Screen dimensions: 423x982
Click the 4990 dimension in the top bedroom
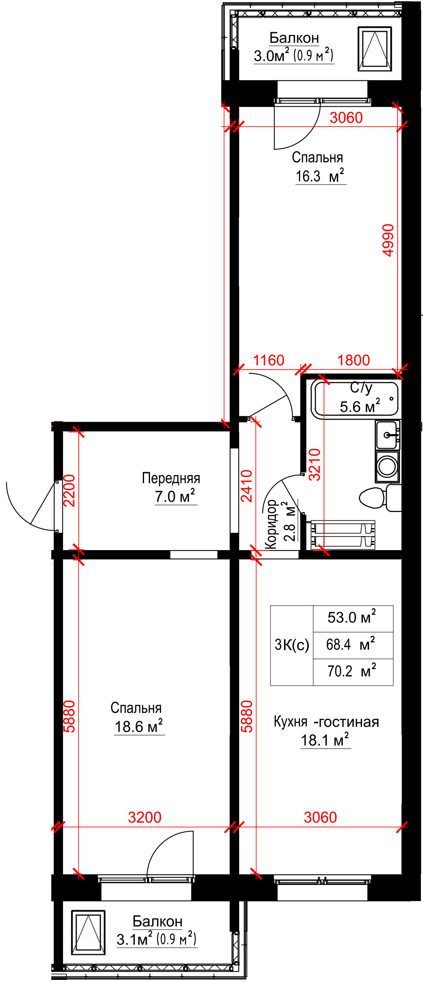pos(388,240)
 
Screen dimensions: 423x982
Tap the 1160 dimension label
pos(269,360)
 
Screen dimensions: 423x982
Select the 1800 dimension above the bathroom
pos(353,360)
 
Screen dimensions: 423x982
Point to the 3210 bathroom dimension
pos(314,465)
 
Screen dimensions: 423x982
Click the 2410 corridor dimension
pos(246,486)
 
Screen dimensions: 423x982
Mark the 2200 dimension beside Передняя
pos(69,490)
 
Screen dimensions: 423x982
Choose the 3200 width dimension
pos(145,817)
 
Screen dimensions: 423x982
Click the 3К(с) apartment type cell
pos(292,645)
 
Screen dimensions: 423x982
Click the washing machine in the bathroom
pos(387,467)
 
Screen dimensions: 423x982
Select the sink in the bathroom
pos(387,435)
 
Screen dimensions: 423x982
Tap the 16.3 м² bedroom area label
pos(320,176)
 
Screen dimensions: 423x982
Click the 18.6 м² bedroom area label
pos(139,726)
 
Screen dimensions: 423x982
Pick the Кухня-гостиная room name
pos(326,722)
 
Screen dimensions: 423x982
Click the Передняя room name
pos(171,478)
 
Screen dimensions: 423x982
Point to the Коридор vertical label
pos(271,525)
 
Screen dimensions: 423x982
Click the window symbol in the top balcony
pos(375,48)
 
